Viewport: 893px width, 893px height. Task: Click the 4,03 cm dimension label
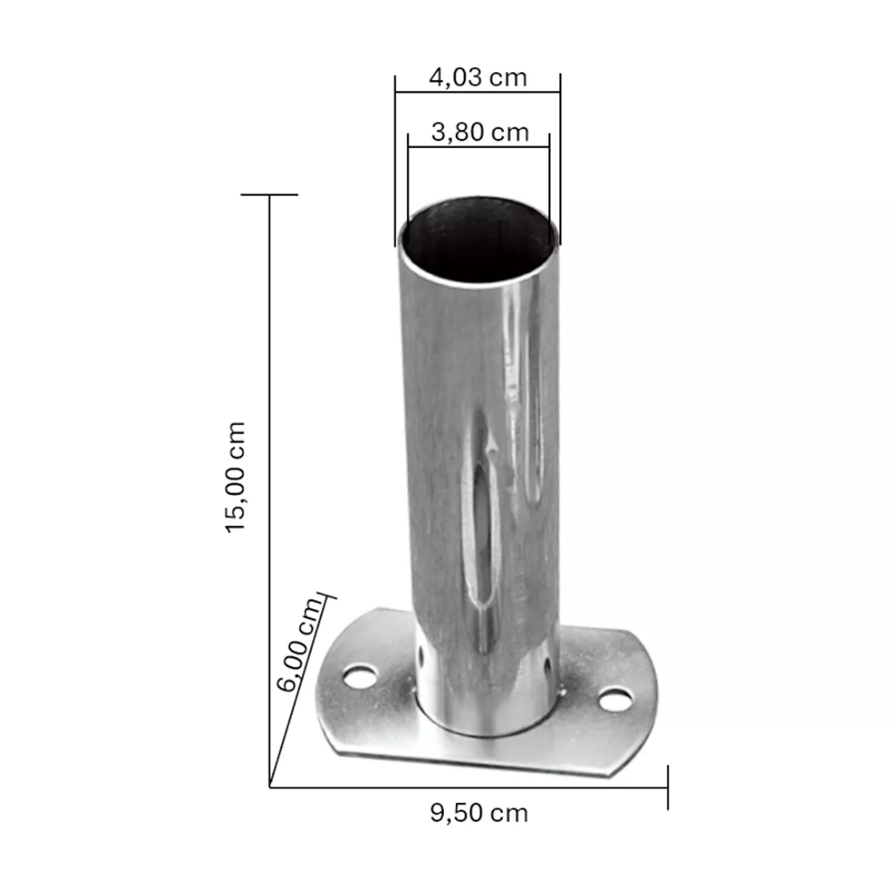(478, 78)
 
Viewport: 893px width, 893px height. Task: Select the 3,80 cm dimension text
(480, 132)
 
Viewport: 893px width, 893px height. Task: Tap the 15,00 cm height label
(236, 476)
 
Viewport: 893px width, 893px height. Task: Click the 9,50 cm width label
(479, 813)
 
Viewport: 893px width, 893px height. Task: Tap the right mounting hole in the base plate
(615, 700)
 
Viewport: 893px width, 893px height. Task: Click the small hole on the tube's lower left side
(421, 655)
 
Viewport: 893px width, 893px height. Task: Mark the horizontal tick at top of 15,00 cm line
(269, 195)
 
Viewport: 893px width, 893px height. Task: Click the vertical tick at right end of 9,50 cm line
(667, 787)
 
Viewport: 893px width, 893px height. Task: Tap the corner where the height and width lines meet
(270, 787)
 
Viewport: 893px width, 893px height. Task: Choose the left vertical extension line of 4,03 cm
(395, 161)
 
